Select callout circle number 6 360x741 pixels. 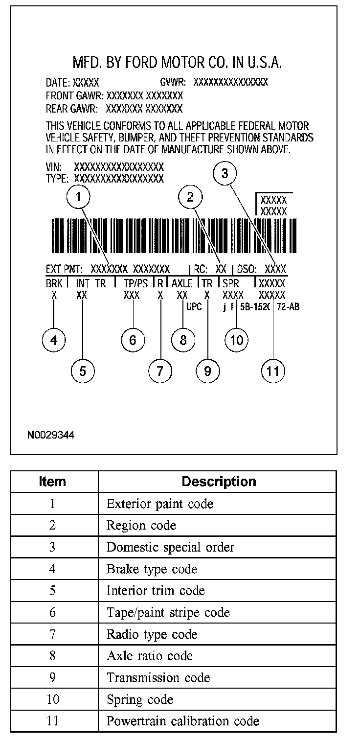[x=133, y=340]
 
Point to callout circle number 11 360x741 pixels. [x=273, y=370]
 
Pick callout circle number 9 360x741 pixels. [x=207, y=370]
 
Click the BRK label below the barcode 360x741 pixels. [x=52, y=283]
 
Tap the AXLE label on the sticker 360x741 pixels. [x=182, y=283]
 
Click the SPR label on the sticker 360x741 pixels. [x=231, y=283]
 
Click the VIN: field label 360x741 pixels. [x=54, y=167]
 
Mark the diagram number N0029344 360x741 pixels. [x=51, y=435]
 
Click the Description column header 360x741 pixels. [x=219, y=482]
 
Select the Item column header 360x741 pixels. [x=52, y=482]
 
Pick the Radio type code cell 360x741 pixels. [x=152, y=634]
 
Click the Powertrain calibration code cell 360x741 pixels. [x=182, y=721]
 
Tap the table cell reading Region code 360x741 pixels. [x=141, y=525]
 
